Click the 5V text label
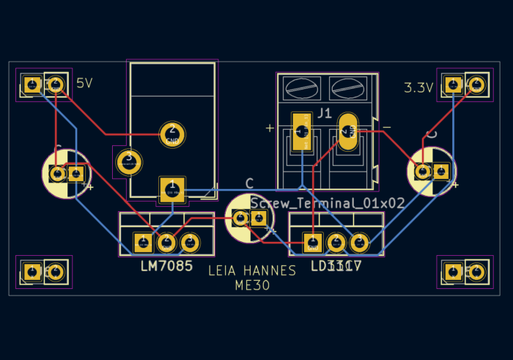(x=84, y=84)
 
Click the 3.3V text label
(x=418, y=87)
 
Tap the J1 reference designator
(x=324, y=114)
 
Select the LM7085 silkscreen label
(x=166, y=266)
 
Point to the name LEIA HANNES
(x=252, y=271)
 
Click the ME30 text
(x=252, y=285)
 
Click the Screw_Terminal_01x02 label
(x=327, y=203)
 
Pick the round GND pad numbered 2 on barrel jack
(x=172, y=134)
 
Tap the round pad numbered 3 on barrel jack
(x=129, y=162)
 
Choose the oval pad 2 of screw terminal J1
(x=347, y=133)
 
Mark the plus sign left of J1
(x=270, y=128)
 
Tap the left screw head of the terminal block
(x=301, y=89)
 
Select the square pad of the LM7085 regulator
(x=143, y=241)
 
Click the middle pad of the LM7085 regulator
(x=166, y=241)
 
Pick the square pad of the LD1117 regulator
(x=313, y=242)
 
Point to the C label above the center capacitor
(x=249, y=183)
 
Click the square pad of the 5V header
(x=32, y=84)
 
